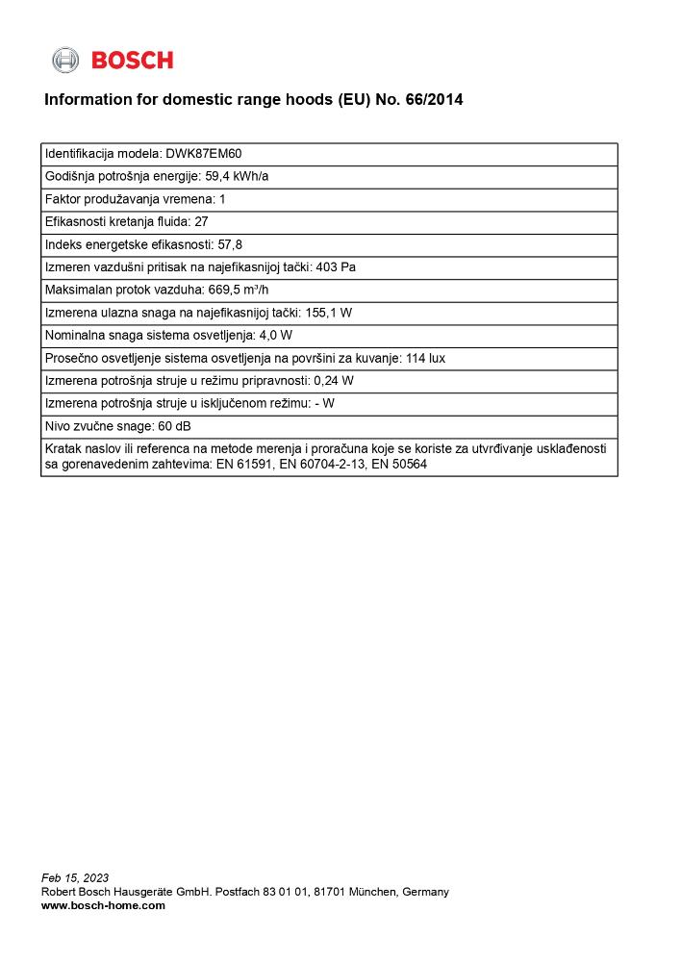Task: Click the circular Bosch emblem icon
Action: coord(65,60)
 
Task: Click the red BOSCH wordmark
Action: coord(132,61)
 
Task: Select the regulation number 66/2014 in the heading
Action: coord(435,99)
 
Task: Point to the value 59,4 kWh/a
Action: coord(237,176)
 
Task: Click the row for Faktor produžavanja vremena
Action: coord(135,199)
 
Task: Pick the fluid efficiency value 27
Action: coord(201,222)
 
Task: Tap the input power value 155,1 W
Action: coord(332,313)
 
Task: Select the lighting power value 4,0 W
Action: coord(276,336)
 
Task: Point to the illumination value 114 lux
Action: coord(424,358)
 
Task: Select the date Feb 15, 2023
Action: coord(75,877)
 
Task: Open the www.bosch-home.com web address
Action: coord(103,905)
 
